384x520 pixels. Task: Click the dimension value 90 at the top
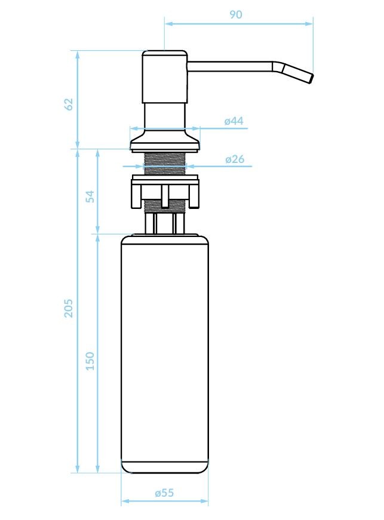[x=236, y=14]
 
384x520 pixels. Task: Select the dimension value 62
[x=69, y=104]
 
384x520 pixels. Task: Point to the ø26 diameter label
[x=235, y=159]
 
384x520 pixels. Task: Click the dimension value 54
[x=90, y=196]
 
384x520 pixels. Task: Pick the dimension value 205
[x=68, y=308]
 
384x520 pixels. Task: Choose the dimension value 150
[x=90, y=361]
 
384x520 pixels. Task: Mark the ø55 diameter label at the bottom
[x=164, y=493]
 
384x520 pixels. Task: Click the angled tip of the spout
[x=297, y=73]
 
